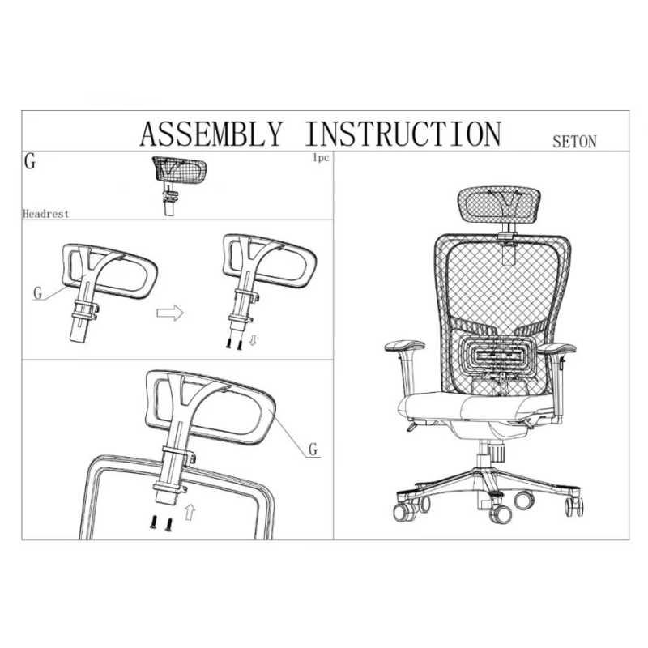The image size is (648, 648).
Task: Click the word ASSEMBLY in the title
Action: pyautogui.click(x=211, y=134)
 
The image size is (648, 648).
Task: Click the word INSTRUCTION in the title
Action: pyautogui.click(x=403, y=134)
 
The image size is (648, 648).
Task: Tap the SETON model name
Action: pyautogui.click(x=574, y=142)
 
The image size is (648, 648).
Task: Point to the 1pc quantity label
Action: pyautogui.click(x=321, y=157)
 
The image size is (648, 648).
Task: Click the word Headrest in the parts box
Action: pyautogui.click(x=45, y=214)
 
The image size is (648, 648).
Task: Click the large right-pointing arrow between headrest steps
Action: pyautogui.click(x=170, y=313)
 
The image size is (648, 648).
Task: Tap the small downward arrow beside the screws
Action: pyautogui.click(x=253, y=340)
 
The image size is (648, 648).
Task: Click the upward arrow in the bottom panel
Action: pyautogui.click(x=190, y=513)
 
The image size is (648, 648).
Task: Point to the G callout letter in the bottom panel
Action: pyautogui.click(x=313, y=449)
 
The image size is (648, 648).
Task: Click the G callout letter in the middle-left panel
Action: pyautogui.click(x=37, y=293)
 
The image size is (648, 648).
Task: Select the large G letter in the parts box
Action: pyautogui.click(x=30, y=161)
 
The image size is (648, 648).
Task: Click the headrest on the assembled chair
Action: pyautogui.click(x=499, y=205)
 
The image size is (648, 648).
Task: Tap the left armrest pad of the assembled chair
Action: pyautogui.click(x=404, y=346)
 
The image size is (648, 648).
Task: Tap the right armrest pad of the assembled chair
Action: pyautogui.click(x=556, y=348)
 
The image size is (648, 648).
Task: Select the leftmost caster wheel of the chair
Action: pyautogui.click(x=403, y=513)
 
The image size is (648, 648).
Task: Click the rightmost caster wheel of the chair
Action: pyautogui.click(x=575, y=505)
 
